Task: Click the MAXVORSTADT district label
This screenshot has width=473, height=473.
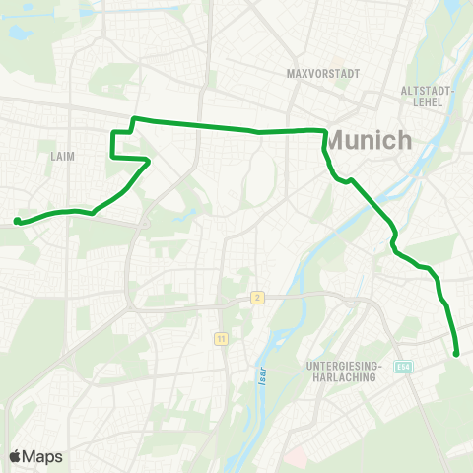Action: (x=321, y=74)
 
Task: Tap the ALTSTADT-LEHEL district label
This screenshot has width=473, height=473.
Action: (x=427, y=96)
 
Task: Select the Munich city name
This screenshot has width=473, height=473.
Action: (x=369, y=141)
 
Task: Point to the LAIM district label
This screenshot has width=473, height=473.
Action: (x=61, y=156)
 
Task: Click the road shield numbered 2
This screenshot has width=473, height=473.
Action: (x=257, y=297)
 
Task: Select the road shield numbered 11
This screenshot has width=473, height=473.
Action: (x=220, y=338)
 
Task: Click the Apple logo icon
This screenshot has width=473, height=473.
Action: (x=16, y=456)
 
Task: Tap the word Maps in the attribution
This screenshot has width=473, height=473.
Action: (x=43, y=456)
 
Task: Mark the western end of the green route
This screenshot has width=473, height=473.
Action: (x=17, y=221)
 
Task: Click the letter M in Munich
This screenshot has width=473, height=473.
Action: (x=336, y=141)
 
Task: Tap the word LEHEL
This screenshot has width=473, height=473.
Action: (x=427, y=101)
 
